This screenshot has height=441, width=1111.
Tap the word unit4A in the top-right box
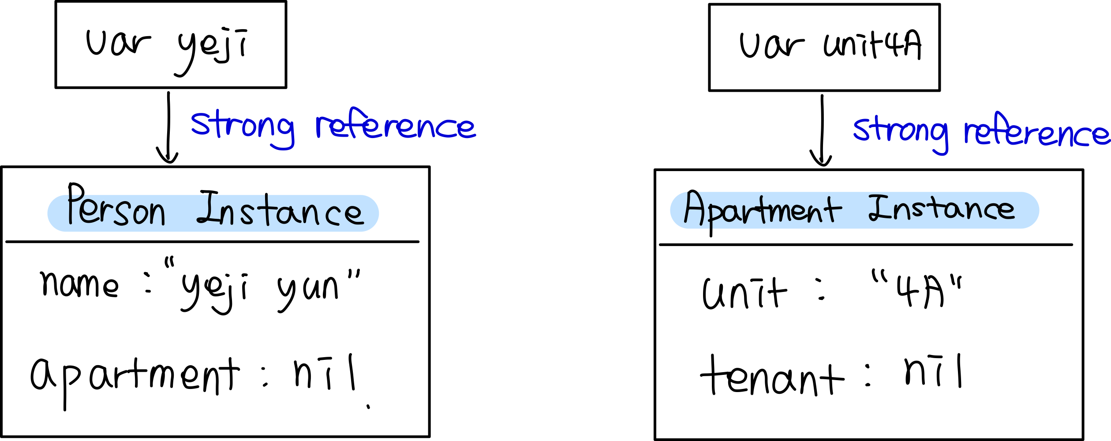pyautogui.click(x=873, y=45)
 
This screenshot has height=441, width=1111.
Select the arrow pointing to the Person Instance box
pyautogui.click(x=168, y=128)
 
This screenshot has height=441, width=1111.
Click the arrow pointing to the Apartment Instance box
pyautogui.click(x=822, y=131)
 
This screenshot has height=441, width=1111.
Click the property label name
pyautogui.click(x=79, y=284)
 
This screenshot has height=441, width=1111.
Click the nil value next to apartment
pyautogui.click(x=324, y=372)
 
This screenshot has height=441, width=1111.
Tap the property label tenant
pyautogui.click(x=772, y=375)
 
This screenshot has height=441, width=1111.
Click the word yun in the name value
pyautogui.click(x=308, y=293)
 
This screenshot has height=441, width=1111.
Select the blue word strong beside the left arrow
pyautogui.click(x=243, y=129)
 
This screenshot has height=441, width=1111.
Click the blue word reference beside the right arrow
pyautogui.click(x=1037, y=131)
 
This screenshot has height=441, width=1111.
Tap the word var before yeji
pyautogui.click(x=118, y=43)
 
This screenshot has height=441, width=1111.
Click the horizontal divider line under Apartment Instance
pyautogui.click(x=865, y=244)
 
